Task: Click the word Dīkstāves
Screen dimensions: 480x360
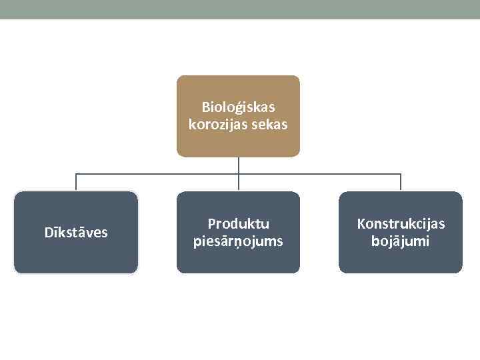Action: [x=76, y=233]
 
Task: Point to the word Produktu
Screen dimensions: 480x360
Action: [x=238, y=224]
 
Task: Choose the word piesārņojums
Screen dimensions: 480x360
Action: [x=238, y=241]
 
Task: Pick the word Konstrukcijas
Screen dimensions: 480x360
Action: [x=401, y=224]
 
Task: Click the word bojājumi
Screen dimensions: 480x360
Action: [x=401, y=241]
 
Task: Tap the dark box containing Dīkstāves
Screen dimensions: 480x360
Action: [x=76, y=257]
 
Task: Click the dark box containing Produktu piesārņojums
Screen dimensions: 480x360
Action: [x=238, y=260]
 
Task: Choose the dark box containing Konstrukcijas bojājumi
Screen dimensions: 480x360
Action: [x=401, y=260]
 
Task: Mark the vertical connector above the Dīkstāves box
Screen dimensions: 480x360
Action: [x=76, y=183]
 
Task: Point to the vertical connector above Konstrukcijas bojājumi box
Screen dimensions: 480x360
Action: [x=401, y=183]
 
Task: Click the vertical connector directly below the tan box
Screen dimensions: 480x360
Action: [x=239, y=165]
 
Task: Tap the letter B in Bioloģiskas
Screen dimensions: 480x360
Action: [x=205, y=107]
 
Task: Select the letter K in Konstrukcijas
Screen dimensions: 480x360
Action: [x=361, y=224]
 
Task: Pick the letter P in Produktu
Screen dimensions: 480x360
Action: [x=211, y=224]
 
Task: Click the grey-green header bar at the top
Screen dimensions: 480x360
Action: [x=240, y=9]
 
